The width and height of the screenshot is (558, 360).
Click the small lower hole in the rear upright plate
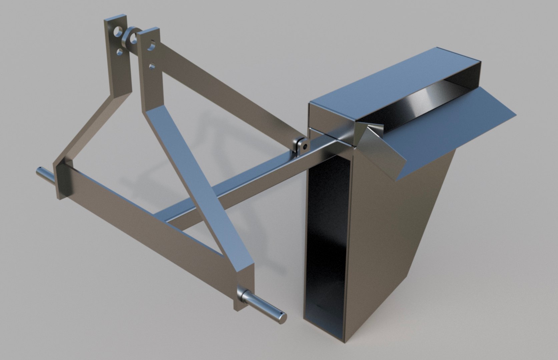click(119, 51)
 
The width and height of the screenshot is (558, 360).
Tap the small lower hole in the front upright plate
click(152, 66)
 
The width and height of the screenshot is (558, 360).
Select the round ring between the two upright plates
click(129, 38)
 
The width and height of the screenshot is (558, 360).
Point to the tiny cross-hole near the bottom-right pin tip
click(282, 314)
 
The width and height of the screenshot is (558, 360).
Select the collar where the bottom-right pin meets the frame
click(242, 295)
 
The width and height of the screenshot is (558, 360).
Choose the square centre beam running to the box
click(233, 187)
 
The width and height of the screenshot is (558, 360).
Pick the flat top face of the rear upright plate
click(115, 17)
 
